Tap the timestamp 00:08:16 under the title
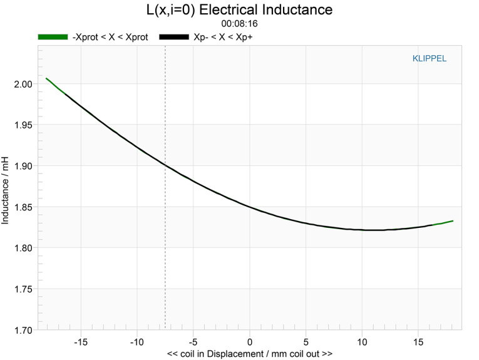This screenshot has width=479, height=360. pyautogui.click(x=240, y=24)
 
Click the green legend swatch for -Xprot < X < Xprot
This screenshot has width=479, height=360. pyautogui.click(x=53, y=38)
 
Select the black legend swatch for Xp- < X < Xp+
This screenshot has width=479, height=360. pyautogui.click(x=174, y=38)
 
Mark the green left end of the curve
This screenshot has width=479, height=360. pyautogui.click(x=47, y=79)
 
